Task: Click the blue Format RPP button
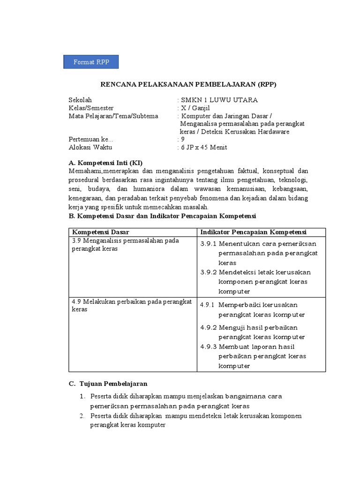point(91,62)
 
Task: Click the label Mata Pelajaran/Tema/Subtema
point(113,116)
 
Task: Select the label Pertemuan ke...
point(90,139)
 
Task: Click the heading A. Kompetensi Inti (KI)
point(105,163)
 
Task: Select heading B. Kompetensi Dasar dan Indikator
point(162,216)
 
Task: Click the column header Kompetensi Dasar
point(100,232)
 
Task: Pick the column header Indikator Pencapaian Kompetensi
point(253,232)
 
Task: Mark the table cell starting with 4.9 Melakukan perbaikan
point(131,305)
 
